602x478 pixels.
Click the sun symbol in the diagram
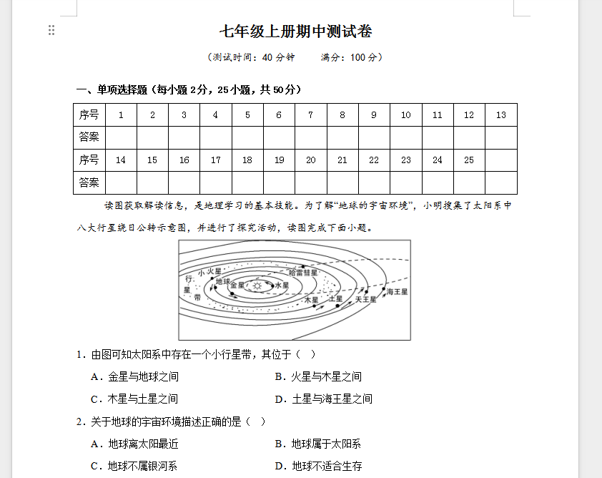pos(257,286)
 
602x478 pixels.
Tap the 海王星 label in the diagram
pos(397,292)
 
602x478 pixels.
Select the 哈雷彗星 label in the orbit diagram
pos(303,273)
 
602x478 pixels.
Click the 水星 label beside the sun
pos(281,286)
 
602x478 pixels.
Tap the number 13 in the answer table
pos(500,114)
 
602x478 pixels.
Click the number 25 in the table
pos(469,160)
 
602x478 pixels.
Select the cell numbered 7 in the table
pos(310,114)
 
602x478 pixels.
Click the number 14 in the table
pos(120,160)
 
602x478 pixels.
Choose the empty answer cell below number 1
pos(121,137)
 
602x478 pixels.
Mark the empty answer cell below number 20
pos(310,182)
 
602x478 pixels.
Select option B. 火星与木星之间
pos(318,376)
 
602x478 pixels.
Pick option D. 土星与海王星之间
pos(323,399)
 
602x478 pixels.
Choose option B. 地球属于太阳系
pos(318,444)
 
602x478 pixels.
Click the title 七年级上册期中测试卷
pos(296,31)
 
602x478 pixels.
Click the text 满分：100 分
pos(352,57)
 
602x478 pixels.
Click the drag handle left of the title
pos(51,30)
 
